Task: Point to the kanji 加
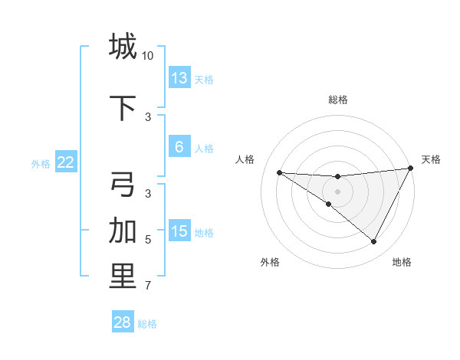[x=123, y=230]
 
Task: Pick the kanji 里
[x=123, y=277]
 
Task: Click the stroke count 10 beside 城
[x=148, y=56]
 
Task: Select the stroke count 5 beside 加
[x=148, y=240]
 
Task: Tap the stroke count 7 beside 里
[x=148, y=286]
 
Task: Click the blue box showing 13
[x=179, y=78]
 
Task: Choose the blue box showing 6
[x=179, y=147]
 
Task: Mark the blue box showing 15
[x=179, y=231]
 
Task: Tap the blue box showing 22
[x=65, y=162]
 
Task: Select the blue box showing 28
[x=123, y=322]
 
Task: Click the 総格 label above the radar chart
[x=338, y=100]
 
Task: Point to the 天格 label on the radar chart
[x=431, y=159]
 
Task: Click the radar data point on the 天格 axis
[x=411, y=169]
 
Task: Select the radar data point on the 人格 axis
[x=279, y=172]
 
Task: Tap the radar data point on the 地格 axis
[x=374, y=242]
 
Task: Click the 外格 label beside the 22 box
[x=41, y=163]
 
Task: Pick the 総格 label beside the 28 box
[x=147, y=324]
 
